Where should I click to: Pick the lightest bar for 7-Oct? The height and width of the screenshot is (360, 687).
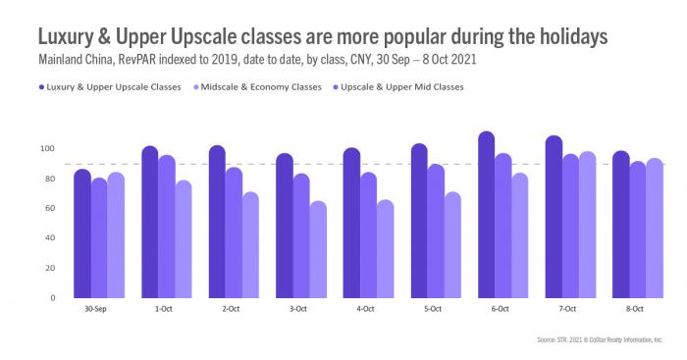588,225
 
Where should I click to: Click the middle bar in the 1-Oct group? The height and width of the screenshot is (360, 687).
167,227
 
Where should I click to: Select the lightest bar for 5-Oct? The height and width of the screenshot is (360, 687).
452,245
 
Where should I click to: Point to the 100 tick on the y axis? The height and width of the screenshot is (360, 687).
47,149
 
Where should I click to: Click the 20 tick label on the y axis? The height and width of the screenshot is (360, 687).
50,268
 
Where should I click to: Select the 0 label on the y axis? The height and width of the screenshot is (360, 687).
53,297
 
